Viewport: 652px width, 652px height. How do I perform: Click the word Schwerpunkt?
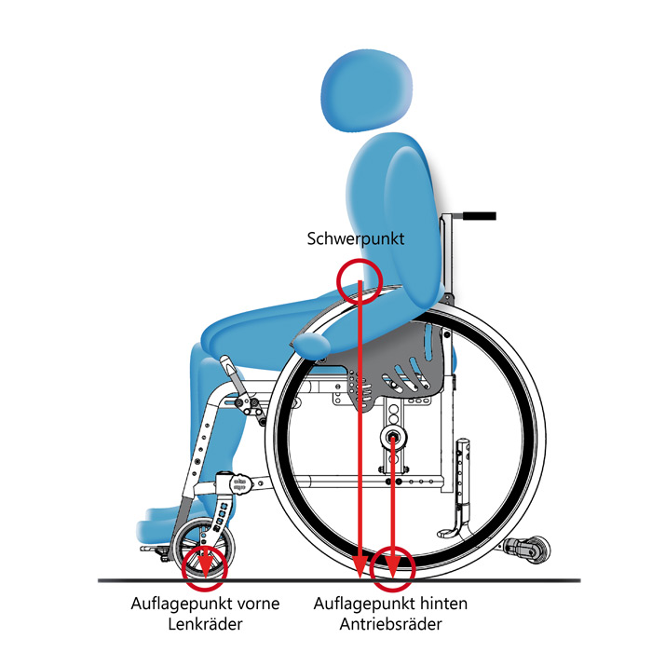click(355, 238)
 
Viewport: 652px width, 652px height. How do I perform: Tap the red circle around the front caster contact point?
click(204, 567)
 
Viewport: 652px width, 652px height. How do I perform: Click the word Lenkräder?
click(206, 624)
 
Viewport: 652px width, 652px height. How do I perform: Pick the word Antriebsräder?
click(391, 624)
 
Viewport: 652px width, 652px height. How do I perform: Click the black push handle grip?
click(476, 216)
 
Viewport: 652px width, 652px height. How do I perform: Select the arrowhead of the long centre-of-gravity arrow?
click(360, 562)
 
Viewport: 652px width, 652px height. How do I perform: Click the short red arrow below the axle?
click(393, 503)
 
